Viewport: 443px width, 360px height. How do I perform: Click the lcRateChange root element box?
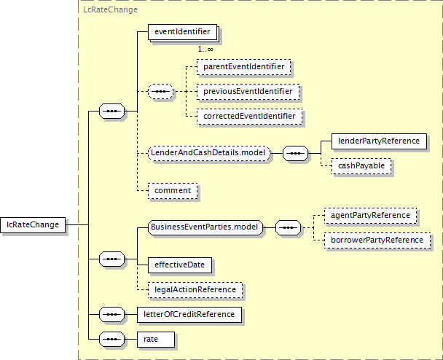click(x=33, y=225)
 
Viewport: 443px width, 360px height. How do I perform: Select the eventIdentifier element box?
click(x=182, y=32)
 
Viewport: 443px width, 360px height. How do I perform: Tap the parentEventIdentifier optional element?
click(x=244, y=67)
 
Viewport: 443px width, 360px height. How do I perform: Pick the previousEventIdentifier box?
click(x=248, y=92)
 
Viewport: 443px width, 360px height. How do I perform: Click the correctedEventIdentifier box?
click(x=249, y=117)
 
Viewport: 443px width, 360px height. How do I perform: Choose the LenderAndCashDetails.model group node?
click(x=209, y=154)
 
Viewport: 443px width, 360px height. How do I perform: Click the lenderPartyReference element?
click(x=379, y=141)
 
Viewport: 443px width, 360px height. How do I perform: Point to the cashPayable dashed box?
click(x=361, y=166)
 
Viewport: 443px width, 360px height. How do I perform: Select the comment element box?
click(x=173, y=191)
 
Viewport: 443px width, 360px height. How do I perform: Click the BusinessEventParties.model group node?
click(x=205, y=228)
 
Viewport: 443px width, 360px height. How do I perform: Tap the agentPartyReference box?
click(x=370, y=216)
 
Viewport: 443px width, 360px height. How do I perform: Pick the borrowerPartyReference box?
click(x=377, y=240)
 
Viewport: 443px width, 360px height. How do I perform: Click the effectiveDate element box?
click(x=180, y=265)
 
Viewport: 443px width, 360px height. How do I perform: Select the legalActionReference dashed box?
click(x=195, y=290)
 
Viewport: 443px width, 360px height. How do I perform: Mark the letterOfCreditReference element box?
click(x=189, y=315)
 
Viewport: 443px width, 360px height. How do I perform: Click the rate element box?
click(x=156, y=340)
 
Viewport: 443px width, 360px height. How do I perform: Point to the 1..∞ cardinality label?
click(x=205, y=50)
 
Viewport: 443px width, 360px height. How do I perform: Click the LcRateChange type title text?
click(x=111, y=9)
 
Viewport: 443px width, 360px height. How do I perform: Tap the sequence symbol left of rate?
click(x=112, y=340)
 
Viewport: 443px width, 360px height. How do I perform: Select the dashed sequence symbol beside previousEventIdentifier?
click(x=161, y=92)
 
